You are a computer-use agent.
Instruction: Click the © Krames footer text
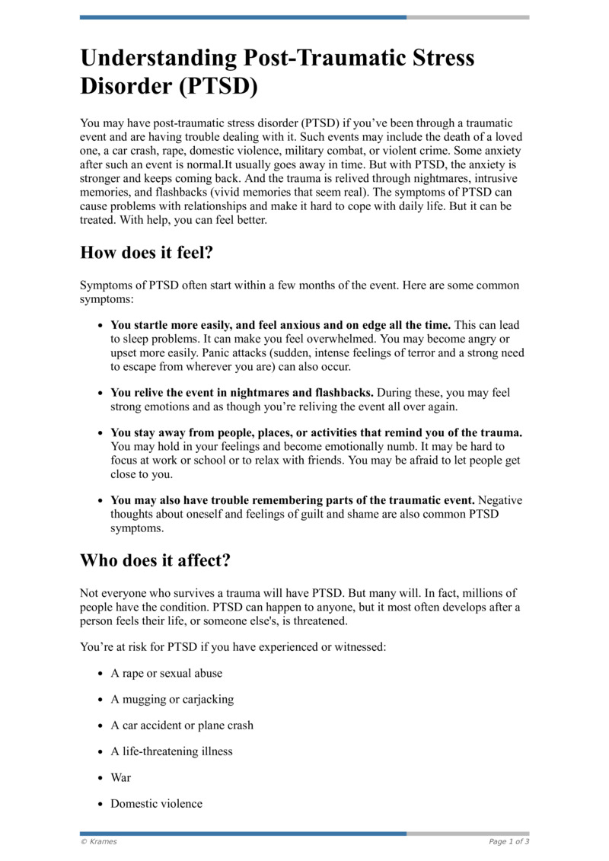coord(99,841)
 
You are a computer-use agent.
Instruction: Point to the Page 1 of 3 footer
coord(509,841)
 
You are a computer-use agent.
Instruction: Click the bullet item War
coord(120,777)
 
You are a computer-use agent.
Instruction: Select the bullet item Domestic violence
coord(156,803)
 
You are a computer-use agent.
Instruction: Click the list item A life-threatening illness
coord(171,751)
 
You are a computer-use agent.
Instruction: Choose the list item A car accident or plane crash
coord(182,725)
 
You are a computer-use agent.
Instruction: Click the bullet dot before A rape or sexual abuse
coord(100,674)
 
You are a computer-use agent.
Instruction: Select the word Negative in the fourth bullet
coord(499,501)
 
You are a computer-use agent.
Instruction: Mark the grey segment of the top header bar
coord(467,17)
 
